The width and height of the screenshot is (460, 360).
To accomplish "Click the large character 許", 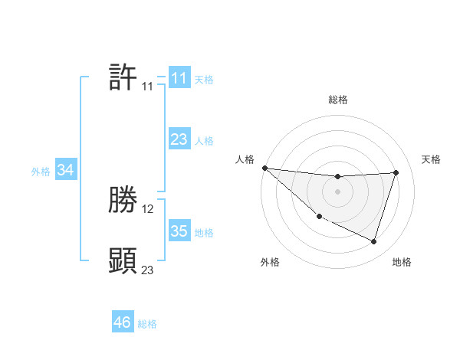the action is [x=123, y=77].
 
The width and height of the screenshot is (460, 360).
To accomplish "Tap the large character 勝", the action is [x=123, y=201].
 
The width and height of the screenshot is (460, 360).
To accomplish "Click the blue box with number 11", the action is [x=179, y=78].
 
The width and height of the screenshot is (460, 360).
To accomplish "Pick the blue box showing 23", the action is [x=179, y=139].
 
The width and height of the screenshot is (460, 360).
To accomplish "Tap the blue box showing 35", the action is [x=179, y=231].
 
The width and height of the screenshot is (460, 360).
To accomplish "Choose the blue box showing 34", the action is [x=65, y=170].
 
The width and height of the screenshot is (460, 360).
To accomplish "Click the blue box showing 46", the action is [x=123, y=322].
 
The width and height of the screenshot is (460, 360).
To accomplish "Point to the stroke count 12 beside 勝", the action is [x=148, y=208].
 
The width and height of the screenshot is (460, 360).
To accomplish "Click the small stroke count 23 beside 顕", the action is [x=147, y=270].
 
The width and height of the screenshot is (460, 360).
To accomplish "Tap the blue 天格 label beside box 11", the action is [x=204, y=80].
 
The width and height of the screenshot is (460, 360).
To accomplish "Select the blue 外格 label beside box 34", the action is [x=41, y=172].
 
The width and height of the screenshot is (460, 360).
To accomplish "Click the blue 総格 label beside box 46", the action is [x=147, y=324].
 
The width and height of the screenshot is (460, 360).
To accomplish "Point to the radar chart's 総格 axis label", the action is [x=337, y=100].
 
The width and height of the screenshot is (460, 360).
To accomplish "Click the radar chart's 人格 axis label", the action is [x=245, y=159].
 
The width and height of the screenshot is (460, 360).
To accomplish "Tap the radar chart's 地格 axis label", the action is [x=402, y=262].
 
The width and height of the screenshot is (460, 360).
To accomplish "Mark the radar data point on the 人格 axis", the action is [x=264, y=168].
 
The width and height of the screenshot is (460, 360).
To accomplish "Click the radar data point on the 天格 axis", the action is [x=396, y=172].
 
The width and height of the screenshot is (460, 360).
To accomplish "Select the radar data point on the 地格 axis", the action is [x=374, y=241].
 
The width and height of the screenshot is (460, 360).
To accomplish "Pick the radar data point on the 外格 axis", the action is [x=319, y=217].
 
